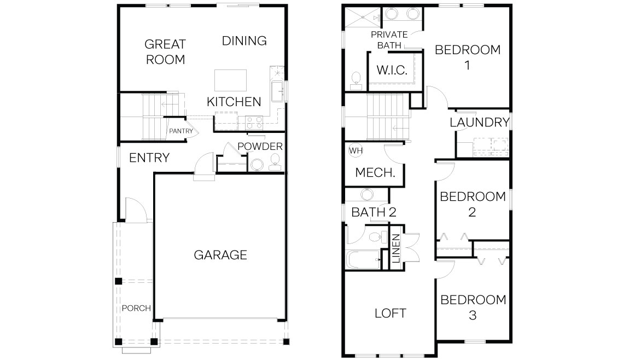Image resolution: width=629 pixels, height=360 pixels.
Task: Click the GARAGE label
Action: (220, 255)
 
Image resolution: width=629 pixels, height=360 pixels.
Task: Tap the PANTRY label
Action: (181, 131)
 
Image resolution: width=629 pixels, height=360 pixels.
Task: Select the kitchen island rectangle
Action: (230, 80)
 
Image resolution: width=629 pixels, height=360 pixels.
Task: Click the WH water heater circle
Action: (356, 150)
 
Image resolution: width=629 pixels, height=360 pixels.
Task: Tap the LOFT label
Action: (391, 313)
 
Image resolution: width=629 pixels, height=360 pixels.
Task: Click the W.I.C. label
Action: (392, 70)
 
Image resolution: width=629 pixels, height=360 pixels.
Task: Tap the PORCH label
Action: (136, 308)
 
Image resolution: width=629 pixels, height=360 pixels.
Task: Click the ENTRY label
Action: (149, 158)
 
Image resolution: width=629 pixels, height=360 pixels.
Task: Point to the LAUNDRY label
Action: (480, 122)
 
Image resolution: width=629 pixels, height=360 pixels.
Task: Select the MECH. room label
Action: (375, 172)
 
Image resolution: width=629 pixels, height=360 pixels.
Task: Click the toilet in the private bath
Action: (356, 81)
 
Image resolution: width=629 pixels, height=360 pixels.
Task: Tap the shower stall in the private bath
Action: (363, 18)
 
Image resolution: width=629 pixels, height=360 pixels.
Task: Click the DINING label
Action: (244, 40)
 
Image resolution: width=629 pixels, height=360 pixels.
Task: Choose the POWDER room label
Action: (260, 147)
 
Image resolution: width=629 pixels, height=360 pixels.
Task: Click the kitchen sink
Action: (278, 91)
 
